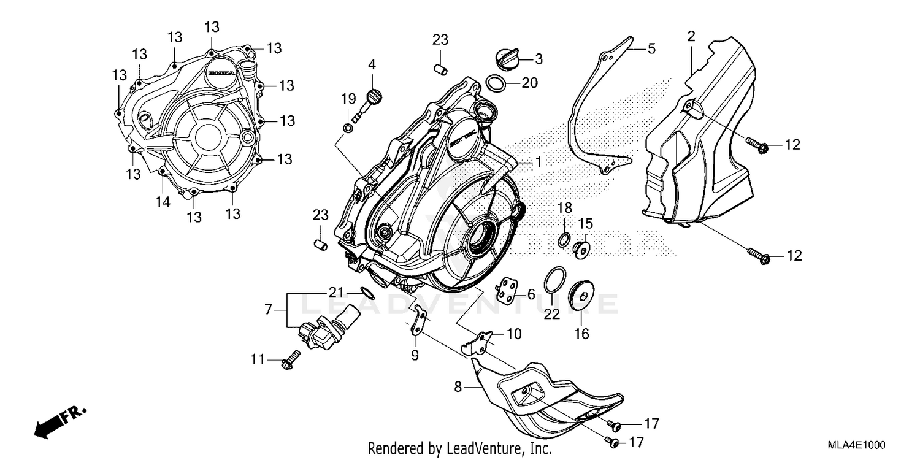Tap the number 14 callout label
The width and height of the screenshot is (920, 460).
click(x=162, y=202)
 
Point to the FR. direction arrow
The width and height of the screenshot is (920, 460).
click(x=58, y=421)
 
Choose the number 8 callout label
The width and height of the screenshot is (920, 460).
click(x=458, y=388)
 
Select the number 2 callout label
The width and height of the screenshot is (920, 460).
click(x=691, y=36)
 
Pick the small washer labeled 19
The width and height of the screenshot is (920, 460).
click(x=348, y=128)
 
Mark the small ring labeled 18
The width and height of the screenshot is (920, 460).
click(x=564, y=239)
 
